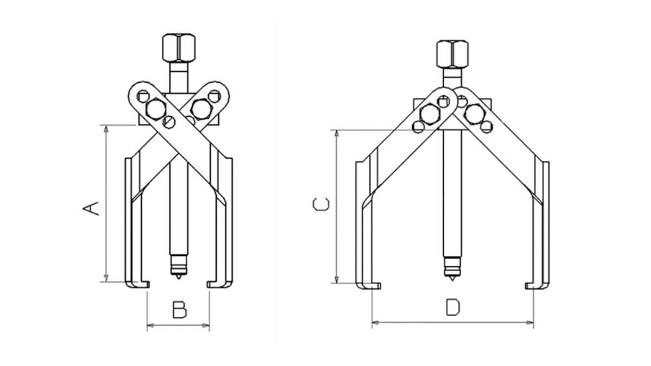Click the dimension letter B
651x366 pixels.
pos(179,310)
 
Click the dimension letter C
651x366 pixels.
pos(321,204)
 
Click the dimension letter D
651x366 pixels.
pos(452,307)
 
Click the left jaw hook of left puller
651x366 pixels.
pos(138,284)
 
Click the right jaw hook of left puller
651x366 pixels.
pos(218,284)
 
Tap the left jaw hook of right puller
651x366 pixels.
pos(369,286)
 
